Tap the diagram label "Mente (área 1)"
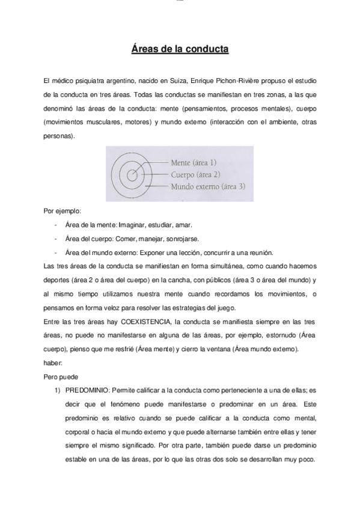[x=194, y=162]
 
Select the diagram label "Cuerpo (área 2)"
[x=196, y=174]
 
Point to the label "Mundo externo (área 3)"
[x=208, y=186]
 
